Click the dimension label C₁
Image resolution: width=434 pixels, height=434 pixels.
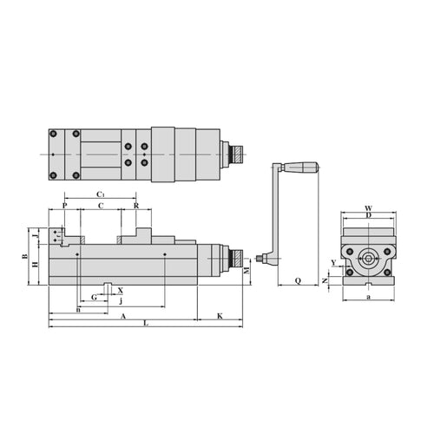101,194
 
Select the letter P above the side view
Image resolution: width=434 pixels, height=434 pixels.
64,206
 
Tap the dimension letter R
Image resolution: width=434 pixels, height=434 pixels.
137,206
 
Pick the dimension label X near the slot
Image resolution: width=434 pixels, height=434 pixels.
120,291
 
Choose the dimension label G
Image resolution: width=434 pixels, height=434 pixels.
94,297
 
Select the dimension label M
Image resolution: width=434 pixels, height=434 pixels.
247,271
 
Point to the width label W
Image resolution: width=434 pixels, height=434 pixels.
368,208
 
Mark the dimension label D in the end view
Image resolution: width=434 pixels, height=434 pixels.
368,216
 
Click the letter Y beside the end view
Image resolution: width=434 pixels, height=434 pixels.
334,261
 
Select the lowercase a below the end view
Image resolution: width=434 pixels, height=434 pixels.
368,297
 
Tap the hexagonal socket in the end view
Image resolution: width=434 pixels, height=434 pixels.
369,258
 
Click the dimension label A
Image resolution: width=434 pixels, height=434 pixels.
122,315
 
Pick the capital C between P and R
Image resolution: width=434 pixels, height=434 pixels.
101,206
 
